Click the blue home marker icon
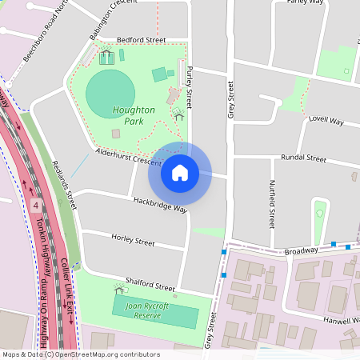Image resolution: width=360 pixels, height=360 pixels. pos(180,172)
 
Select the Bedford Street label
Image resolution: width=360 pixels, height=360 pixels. pos(141,39)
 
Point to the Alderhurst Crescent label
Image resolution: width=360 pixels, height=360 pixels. pos(129,155)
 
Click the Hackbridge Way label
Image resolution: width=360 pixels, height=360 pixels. pos(159,205)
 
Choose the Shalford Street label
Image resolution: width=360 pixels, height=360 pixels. pos(143,286)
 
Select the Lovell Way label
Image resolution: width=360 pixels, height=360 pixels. pos(326,121)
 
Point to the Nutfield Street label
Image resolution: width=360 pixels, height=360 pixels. pos(272,204)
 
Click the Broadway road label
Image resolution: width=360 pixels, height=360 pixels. pos(302,250)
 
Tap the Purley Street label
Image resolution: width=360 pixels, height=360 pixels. pos(190,88)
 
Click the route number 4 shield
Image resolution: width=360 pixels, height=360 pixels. pos(36,206)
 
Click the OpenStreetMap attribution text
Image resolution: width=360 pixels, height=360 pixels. pos(81,354)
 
